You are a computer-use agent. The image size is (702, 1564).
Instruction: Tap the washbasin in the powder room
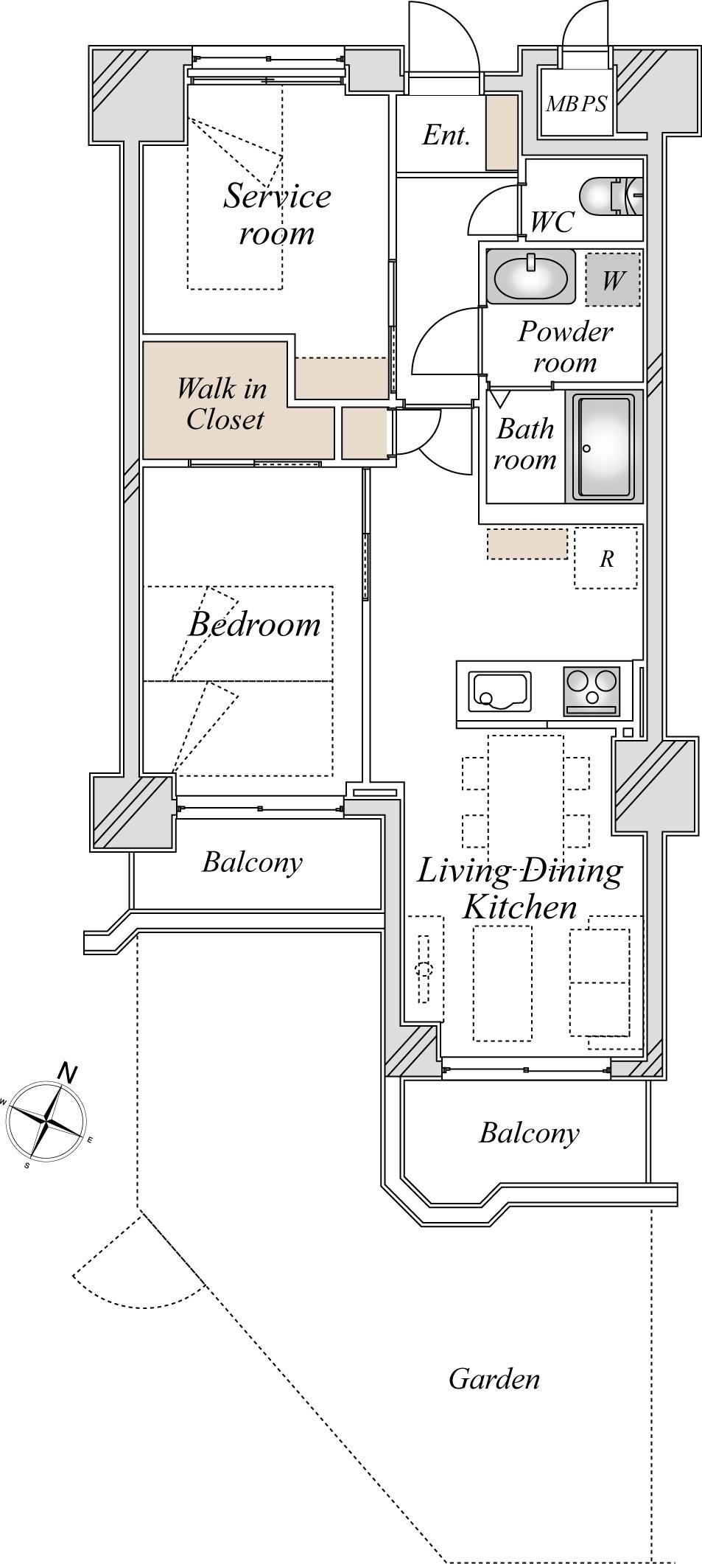tap(530, 276)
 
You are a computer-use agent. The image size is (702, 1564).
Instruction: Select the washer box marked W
tap(613, 280)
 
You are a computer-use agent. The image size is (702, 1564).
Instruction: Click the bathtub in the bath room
tap(604, 447)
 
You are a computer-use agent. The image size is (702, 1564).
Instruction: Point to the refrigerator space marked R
tap(606, 557)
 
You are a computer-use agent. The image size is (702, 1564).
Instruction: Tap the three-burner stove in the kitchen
tap(592, 691)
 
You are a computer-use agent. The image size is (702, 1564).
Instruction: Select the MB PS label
tap(576, 104)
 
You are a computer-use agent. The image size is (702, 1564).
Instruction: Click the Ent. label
tap(446, 135)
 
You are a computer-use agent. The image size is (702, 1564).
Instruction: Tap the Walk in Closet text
tap(222, 403)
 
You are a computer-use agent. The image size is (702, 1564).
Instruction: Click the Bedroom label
tap(255, 624)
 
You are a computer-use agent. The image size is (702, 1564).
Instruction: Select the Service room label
tap(278, 214)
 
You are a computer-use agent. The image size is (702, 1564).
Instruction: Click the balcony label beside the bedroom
tap(253, 862)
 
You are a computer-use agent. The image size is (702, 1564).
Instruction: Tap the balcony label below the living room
tap(529, 1132)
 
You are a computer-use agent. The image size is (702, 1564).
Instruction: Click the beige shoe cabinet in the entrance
tap(502, 133)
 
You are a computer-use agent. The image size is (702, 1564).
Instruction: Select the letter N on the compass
tap(67, 1072)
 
